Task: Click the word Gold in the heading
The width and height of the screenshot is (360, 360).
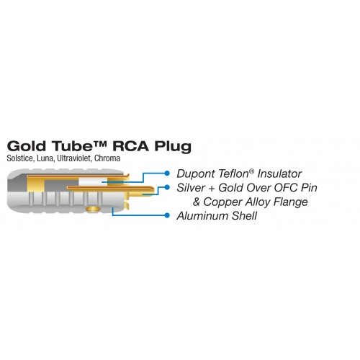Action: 27,145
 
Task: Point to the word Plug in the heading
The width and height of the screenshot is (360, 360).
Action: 173,147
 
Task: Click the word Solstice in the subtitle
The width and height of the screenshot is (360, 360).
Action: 21,158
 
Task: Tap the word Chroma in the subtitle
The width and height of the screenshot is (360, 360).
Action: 107,158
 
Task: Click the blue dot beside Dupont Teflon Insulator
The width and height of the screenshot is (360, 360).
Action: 167,173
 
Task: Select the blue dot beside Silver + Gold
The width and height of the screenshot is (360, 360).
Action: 167,187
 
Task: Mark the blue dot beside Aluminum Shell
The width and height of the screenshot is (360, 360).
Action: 167,215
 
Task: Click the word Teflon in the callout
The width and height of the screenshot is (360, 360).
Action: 233,174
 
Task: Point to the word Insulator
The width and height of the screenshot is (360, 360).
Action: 279,174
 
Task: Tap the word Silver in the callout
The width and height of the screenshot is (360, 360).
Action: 191,188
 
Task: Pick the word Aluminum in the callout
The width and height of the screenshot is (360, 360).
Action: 202,216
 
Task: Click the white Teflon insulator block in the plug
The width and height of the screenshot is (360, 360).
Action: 93,181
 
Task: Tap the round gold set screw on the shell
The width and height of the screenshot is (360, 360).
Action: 94,209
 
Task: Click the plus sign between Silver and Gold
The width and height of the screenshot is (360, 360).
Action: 212,189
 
